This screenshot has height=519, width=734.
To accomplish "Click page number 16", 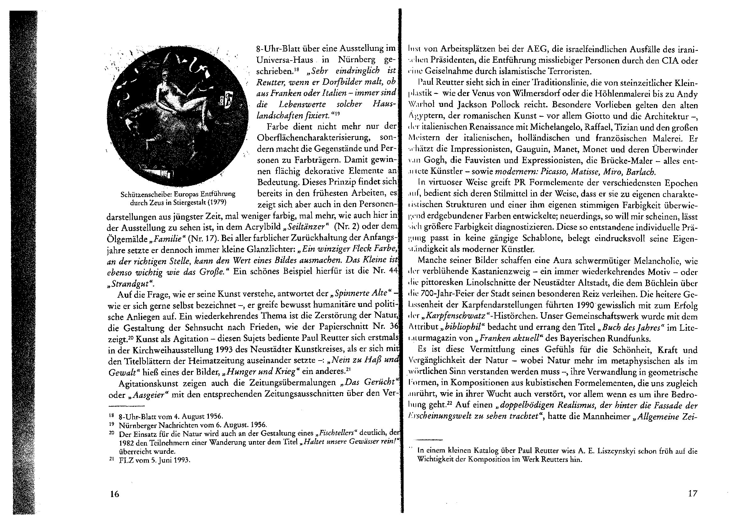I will coord(114,494).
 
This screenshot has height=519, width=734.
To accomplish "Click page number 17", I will coord(693,494).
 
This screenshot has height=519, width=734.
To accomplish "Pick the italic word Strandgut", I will coord(130,283).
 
